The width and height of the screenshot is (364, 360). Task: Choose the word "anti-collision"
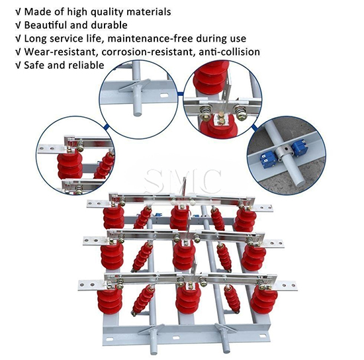pyautogui.click(x=230, y=52)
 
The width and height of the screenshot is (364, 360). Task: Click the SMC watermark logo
pyautogui.click(x=183, y=181)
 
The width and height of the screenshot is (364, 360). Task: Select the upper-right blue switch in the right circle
pyautogui.click(x=298, y=146)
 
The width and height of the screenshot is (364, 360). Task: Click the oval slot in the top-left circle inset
pyautogui.click(x=165, y=95)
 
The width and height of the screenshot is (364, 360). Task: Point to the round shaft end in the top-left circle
pyautogui.click(x=138, y=114)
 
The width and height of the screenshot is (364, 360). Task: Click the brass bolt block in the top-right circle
pyautogui.click(x=221, y=117)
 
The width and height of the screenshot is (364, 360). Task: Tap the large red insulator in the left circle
pyautogui.click(x=69, y=165)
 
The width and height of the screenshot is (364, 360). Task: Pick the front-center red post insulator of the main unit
pyautogui.click(x=188, y=300)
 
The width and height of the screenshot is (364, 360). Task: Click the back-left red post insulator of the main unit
pyautogui.click(x=114, y=218)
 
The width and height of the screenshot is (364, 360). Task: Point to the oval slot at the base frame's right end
pyautogui.click(x=262, y=336)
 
